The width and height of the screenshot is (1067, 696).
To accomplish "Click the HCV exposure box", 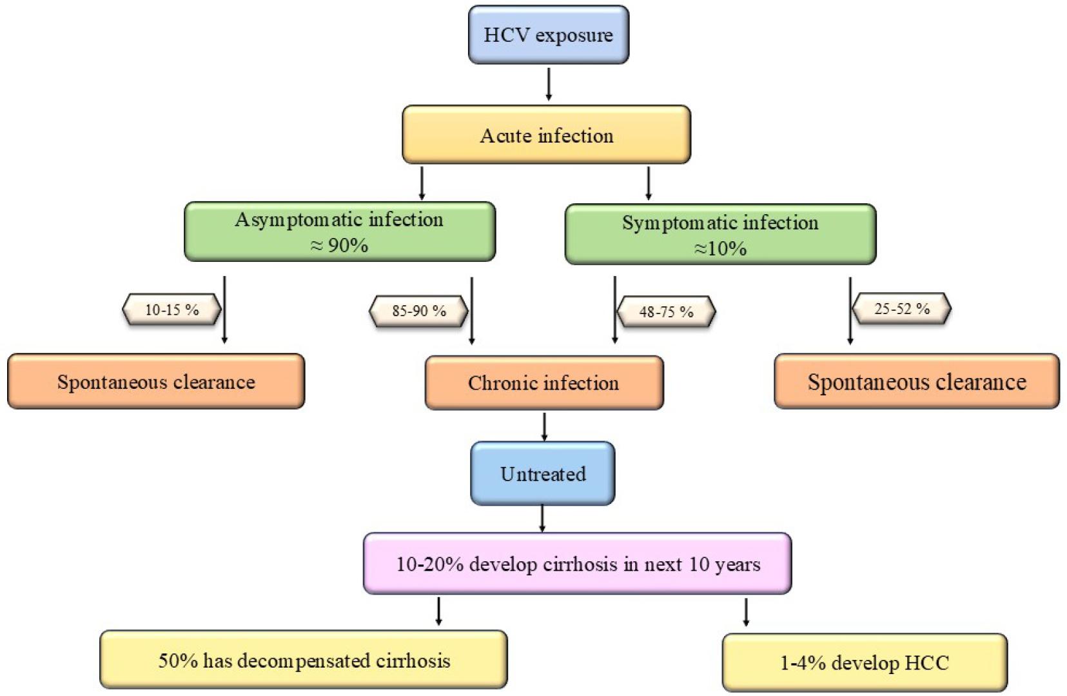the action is coord(548,35).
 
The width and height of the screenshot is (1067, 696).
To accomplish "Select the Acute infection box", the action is coord(546,135).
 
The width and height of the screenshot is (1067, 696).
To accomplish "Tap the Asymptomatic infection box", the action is coord(340,232).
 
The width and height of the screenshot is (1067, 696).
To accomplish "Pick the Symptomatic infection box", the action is coord(720,235).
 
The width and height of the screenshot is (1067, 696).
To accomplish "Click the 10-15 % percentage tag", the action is coord(172,310).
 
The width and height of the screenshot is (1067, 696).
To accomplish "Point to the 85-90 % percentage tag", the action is coord(418,312).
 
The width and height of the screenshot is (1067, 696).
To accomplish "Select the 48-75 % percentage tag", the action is coord(666,312).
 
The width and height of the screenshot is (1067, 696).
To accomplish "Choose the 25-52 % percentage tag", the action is coord(902,308).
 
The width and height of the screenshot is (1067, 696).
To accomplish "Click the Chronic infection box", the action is coord(544,383).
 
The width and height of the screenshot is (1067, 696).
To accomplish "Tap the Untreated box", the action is coord(543,473).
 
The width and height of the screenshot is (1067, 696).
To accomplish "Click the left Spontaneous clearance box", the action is coord(156,381).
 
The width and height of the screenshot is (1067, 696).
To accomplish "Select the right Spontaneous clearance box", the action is coord(917,381).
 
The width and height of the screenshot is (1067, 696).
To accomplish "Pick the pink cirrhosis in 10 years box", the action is coord(577,564).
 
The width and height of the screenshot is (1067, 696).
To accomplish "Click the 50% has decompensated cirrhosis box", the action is coord(304,660).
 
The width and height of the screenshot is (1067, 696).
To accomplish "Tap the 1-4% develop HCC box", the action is coord(865,662).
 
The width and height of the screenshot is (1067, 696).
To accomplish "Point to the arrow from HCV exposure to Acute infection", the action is coord(549,84).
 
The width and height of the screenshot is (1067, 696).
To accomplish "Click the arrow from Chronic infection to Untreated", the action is coord(544,426).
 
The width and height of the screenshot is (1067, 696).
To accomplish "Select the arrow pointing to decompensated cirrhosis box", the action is coord(438,611).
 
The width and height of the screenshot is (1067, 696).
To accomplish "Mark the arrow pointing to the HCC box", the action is coord(746,612).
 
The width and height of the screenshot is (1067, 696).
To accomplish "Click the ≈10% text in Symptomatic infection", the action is coord(719,248).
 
